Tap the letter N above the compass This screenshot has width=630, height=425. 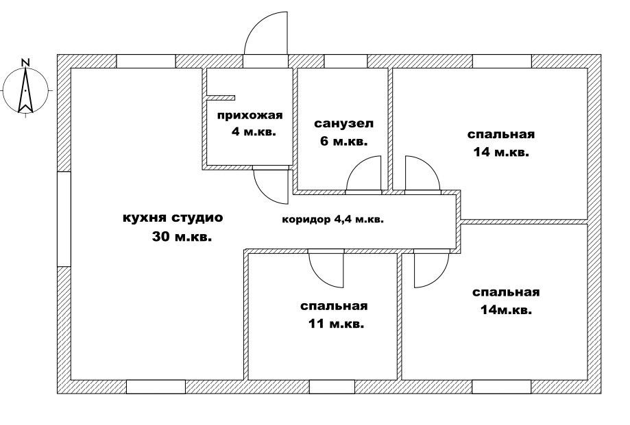point(25,62)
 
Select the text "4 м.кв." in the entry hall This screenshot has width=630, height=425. point(254,131)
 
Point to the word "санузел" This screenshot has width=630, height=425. point(344,125)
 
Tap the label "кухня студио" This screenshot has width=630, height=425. point(173,218)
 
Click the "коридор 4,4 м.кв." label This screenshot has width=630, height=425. point(332,220)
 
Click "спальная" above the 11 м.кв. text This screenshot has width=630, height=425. point(334,306)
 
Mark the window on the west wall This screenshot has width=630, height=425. point(64,218)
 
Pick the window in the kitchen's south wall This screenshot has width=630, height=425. point(156,387)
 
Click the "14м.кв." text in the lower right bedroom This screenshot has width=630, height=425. point(506,310)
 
